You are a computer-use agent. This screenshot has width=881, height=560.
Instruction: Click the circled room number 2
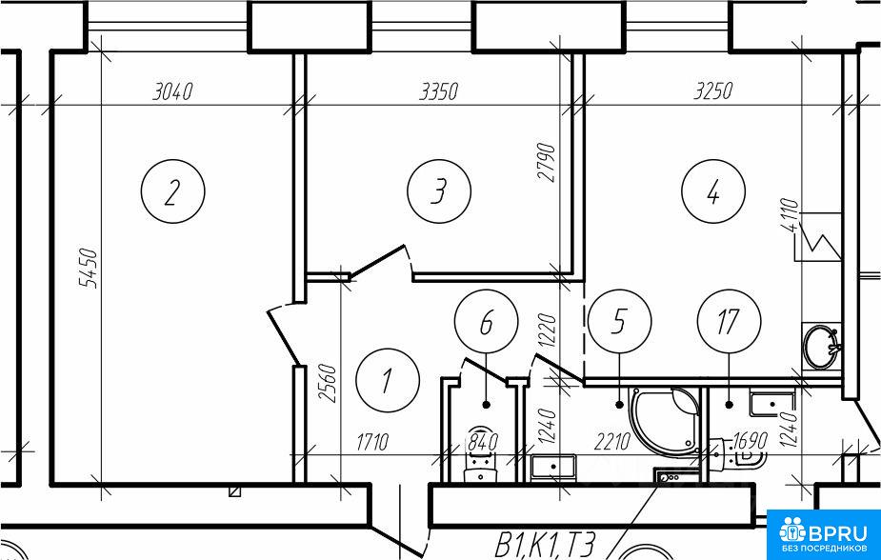pyautogui.click(x=172, y=191)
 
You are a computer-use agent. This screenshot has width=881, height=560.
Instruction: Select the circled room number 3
pyautogui.click(x=439, y=191)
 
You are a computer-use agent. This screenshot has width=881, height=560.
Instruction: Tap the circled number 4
pyautogui.click(x=713, y=191)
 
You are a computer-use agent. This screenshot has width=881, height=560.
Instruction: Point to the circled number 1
pyautogui.click(x=387, y=380)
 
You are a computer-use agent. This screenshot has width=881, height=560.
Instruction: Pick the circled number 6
pyautogui.click(x=486, y=321)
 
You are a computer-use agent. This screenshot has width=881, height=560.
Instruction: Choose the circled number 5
pyautogui.click(x=619, y=321)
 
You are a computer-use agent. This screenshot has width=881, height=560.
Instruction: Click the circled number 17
pyautogui.click(x=729, y=321)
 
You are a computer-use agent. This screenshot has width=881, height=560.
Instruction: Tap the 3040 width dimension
pyautogui.click(x=173, y=91)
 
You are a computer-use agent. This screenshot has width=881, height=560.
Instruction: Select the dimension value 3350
pyautogui.click(x=439, y=91)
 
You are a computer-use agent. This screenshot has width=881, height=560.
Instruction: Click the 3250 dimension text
pyautogui.click(x=713, y=90)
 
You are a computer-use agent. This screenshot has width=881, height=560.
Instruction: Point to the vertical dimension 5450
pyautogui.click(x=89, y=269)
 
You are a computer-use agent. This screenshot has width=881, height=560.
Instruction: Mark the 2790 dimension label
pyautogui.click(x=546, y=163)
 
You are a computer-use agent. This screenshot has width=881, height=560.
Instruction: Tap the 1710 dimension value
pyautogui.click(x=372, y=443)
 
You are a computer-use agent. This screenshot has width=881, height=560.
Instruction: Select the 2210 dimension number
pyautogui.click(x=612, y=443)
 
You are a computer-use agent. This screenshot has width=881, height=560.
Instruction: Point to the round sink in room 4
pyautogui.click(x=821, y=346)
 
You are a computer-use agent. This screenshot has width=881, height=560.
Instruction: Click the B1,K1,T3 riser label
pyautogui.click(x=544, y=545)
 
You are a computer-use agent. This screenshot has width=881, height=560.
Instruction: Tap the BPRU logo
pyautogui.click(x=823, y=534)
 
